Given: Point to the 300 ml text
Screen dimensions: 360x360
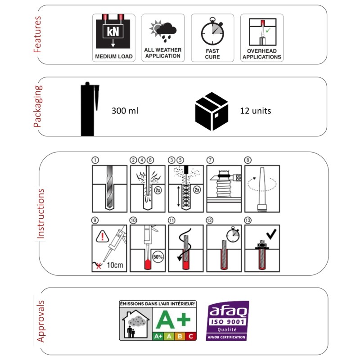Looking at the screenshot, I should [124, 110].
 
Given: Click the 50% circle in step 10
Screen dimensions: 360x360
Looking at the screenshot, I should [158, 257].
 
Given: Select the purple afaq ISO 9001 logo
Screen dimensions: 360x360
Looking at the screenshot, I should [227, 320].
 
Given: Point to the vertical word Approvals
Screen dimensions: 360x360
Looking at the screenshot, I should [40, 321].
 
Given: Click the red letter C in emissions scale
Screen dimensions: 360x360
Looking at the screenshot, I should [191, 336].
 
